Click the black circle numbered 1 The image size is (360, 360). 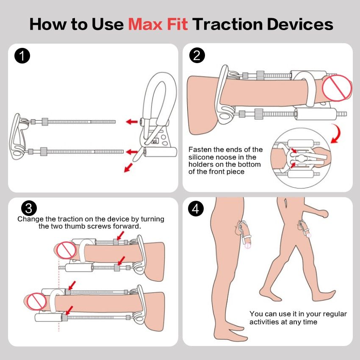[x=22, y=56]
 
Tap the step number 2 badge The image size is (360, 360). [x=197, y=55]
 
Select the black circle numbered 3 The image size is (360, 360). [x=29, y=208]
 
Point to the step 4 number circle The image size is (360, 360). [x=196, y=208]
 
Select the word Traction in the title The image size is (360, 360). [x=227, y=24]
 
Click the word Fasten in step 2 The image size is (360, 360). [x=200, y=150]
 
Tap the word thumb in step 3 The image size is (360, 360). [x=75, y=226]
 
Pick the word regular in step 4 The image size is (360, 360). [x=335, y=314]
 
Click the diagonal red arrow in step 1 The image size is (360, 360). [x=128, y=168]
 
